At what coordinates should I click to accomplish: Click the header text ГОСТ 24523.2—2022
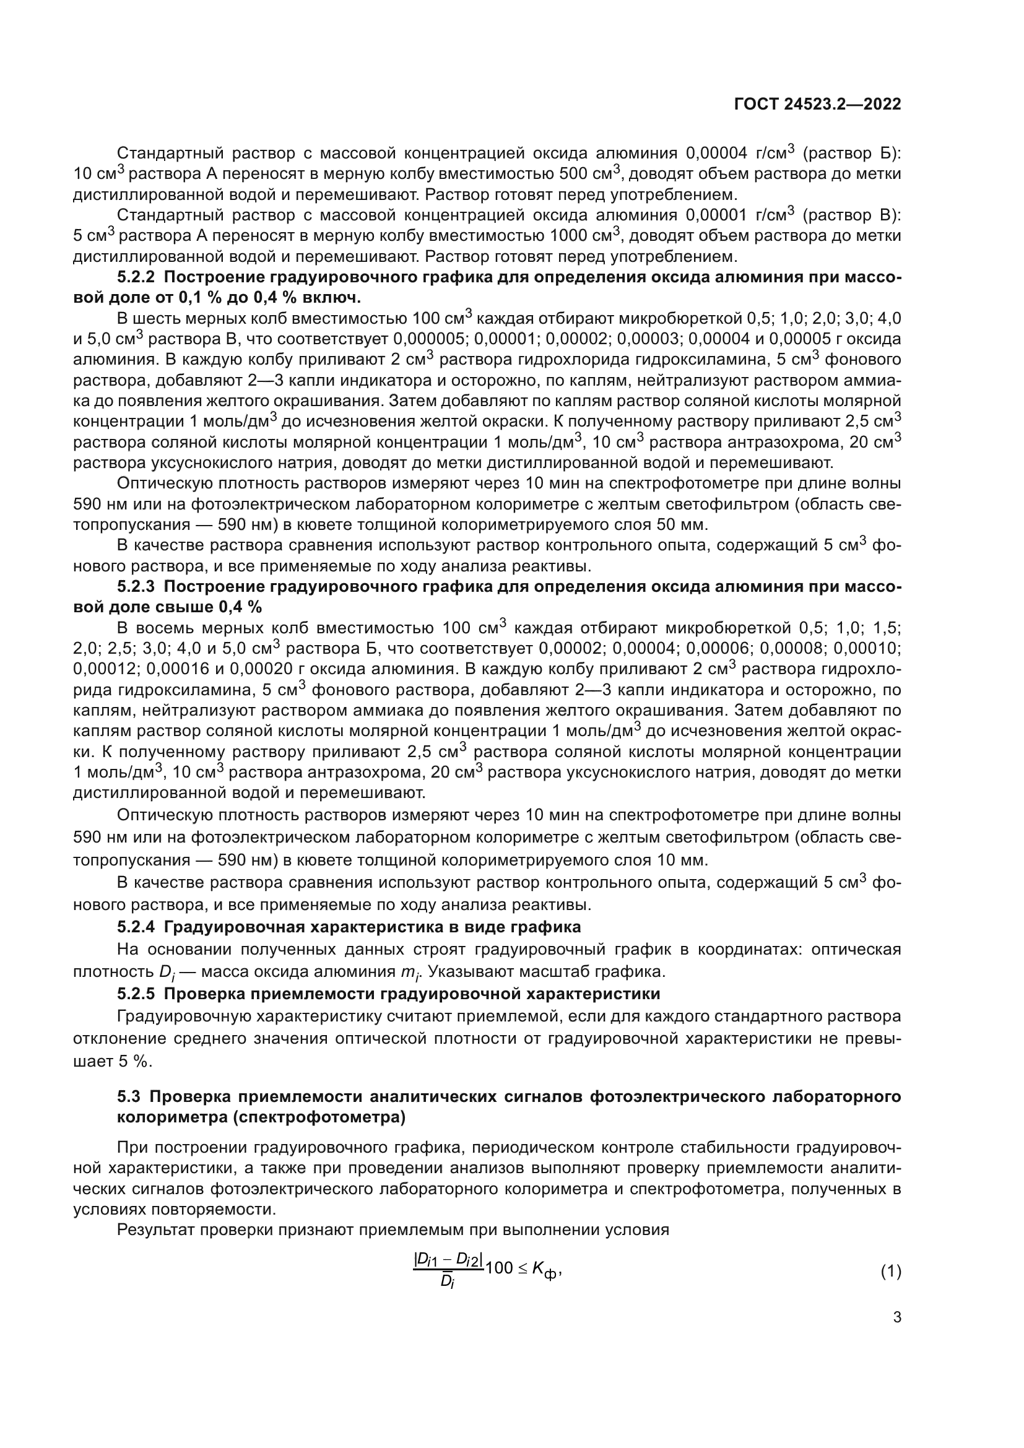pyautogui.click(x=817, y=104)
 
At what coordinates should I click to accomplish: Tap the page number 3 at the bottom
pyautogui.click(x=896, y=1317)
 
